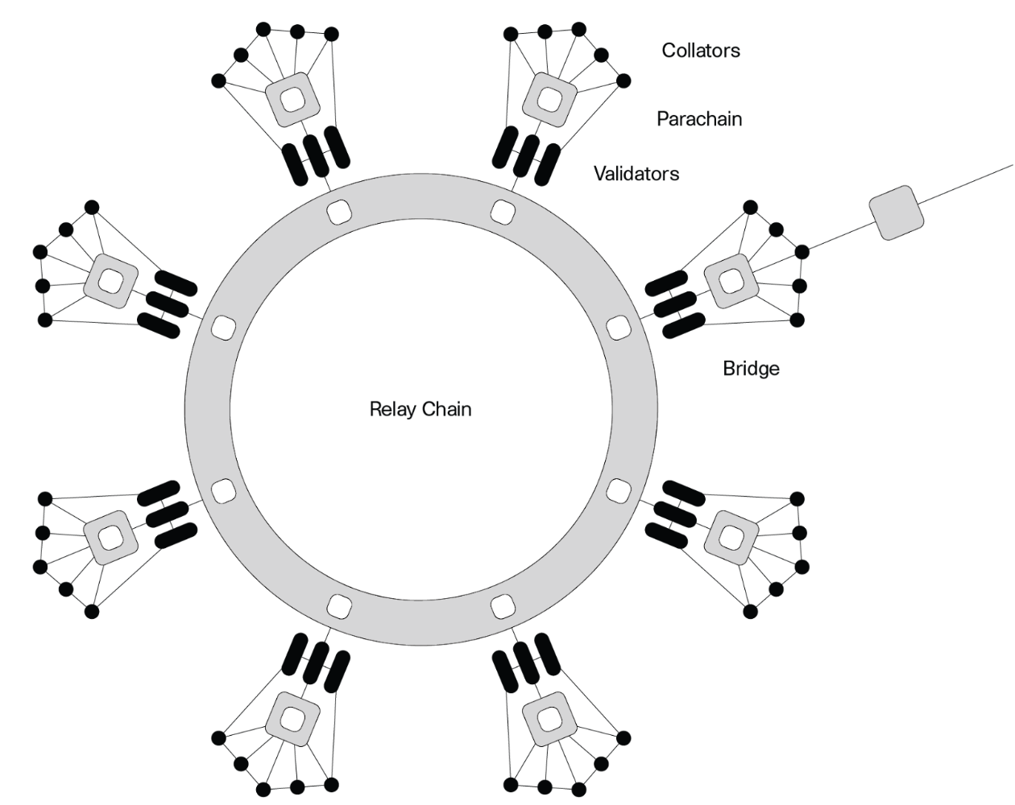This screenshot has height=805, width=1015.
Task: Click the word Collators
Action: coord(700,51)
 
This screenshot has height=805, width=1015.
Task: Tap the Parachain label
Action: coord(699,119)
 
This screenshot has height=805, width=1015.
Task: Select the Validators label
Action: coord(636,173)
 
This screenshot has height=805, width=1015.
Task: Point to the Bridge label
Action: coord(751,368)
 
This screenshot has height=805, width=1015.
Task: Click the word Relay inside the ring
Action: coord(391,409)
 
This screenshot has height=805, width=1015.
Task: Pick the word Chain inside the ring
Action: coord(445,409)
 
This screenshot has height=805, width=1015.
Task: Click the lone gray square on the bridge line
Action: coord(896,213)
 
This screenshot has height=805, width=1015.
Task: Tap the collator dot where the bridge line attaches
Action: coord(802,252)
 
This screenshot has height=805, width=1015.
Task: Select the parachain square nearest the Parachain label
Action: coord(549,100)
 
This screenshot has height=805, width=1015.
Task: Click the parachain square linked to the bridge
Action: coord(731,281)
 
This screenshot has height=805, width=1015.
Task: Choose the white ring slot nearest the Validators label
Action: coord(503,212)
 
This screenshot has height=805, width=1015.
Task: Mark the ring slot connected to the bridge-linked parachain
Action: coord(618,327)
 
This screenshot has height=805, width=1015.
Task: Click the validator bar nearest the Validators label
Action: coord(547,165)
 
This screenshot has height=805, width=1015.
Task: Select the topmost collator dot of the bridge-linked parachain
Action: coord(750,208)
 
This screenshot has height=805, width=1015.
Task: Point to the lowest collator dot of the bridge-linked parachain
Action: coord(797,320)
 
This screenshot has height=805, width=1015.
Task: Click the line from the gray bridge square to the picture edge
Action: coord(967,184)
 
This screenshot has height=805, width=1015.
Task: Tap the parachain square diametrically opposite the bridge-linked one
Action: coord(111,537)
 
